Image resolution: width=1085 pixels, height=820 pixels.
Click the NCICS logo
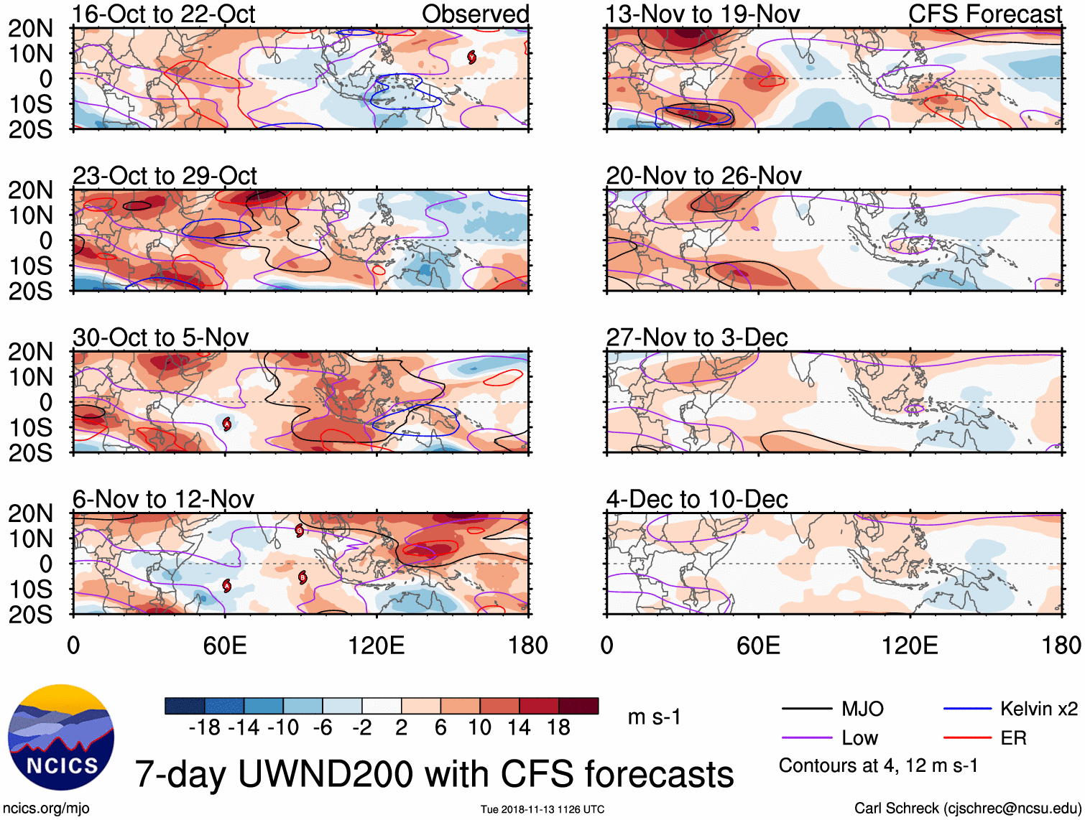click(60, 737)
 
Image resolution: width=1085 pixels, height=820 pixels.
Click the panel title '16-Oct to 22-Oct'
click(164, 14)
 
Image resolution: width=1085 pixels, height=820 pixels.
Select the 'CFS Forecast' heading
click(984, 14)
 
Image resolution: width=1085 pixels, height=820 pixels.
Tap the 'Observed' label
click(475, 14)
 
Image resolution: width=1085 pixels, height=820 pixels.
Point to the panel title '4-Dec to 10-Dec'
click(697, 499)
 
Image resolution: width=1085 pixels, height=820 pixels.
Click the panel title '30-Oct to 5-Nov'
click(161, 337)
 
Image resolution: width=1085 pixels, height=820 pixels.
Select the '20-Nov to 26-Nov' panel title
click(703, 176)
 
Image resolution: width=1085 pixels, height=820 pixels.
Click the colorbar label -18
click(205, 728)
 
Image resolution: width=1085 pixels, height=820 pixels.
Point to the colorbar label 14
click(520, 728)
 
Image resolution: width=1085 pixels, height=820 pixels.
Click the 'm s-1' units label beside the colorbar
click(654, 717)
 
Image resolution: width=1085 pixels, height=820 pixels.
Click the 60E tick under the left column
click(225, 646)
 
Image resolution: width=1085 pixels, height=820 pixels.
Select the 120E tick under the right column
click(910, 646)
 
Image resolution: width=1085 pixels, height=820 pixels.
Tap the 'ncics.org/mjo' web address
click(45, 809)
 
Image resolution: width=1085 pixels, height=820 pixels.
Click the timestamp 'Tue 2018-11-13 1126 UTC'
click(542, 809)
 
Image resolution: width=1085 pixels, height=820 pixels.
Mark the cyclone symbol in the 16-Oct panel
click(472, 57)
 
